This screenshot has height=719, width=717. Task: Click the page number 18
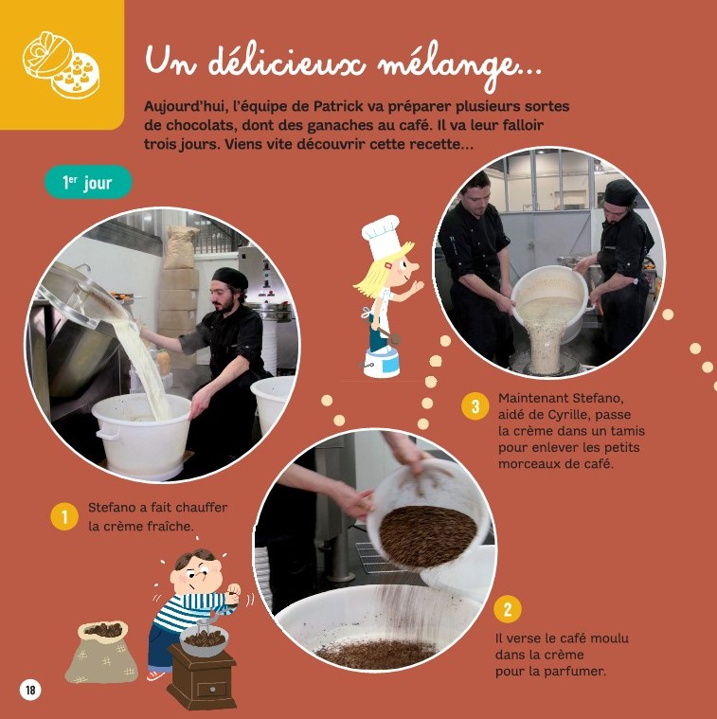pyautogui.click(x=30, y=690)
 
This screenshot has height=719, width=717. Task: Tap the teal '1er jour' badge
pyautogui.click(x=88, y=182)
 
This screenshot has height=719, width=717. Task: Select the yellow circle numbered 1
pyautogui.click(x=64, y=517)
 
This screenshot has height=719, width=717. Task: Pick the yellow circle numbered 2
pyautogui.click(x=508, y=609)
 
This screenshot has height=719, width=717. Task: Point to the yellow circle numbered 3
pyautogui.click(x=475, y=405)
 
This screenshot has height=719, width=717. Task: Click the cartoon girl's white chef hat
pyautogui.click(x=381, y=237)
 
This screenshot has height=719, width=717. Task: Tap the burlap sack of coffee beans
pyautogui.click(x=102, y=652)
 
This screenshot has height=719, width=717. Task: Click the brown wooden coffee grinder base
pyautogui.click(x=202, y=676)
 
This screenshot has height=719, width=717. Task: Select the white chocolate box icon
pyautogui.click(x=61, y=64)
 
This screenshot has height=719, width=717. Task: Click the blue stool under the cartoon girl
pyautogui.click(x=382, y=362)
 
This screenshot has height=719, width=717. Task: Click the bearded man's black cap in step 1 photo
pyautogui.click(x=230, y=278)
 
